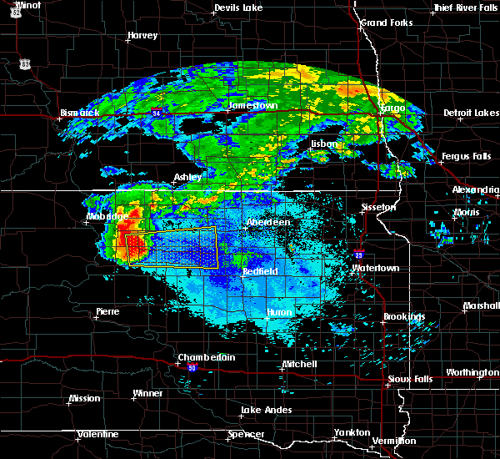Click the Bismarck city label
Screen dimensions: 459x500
coord(80,113)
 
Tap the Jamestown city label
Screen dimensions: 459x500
coord(252,106)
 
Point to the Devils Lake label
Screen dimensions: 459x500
coord(237,8)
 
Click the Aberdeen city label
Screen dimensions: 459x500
coord(267,223)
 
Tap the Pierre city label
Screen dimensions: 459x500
coord(107,310)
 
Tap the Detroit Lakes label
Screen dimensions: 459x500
coord(471,113)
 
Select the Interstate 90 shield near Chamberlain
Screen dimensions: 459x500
coord(192,368)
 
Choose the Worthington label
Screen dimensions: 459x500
coord(472,372)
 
